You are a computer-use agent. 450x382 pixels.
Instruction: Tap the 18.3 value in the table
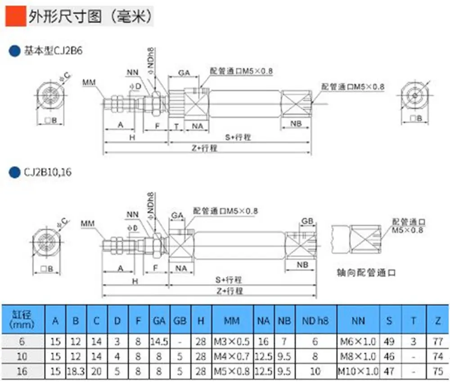pos(76,371)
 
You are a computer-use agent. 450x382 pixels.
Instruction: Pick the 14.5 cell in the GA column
pos(159,342)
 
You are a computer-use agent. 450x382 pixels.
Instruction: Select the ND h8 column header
pos(315,321)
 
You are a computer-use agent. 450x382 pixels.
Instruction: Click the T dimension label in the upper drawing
pos(176,126)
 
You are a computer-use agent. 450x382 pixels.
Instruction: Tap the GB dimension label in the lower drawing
pos(307,221)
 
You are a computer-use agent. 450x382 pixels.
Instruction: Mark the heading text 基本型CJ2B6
pos(53,51)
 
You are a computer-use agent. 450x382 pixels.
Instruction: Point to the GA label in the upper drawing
pos(184,73)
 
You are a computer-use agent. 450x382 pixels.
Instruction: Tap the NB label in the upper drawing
pos(296,124)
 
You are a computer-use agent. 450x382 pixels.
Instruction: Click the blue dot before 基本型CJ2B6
pos(14,51)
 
